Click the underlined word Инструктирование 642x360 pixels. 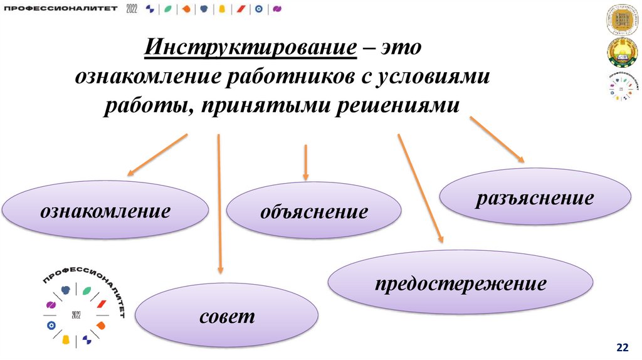[251, 48]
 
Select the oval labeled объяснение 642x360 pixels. [313, 212]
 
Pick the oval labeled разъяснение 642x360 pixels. [535, 199]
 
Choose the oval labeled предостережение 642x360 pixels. [460, 284]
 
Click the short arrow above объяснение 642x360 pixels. [305, 162]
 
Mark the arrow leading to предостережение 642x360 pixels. [420, 188]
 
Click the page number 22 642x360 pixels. [623, 347]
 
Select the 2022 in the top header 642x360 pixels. [133, 8]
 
